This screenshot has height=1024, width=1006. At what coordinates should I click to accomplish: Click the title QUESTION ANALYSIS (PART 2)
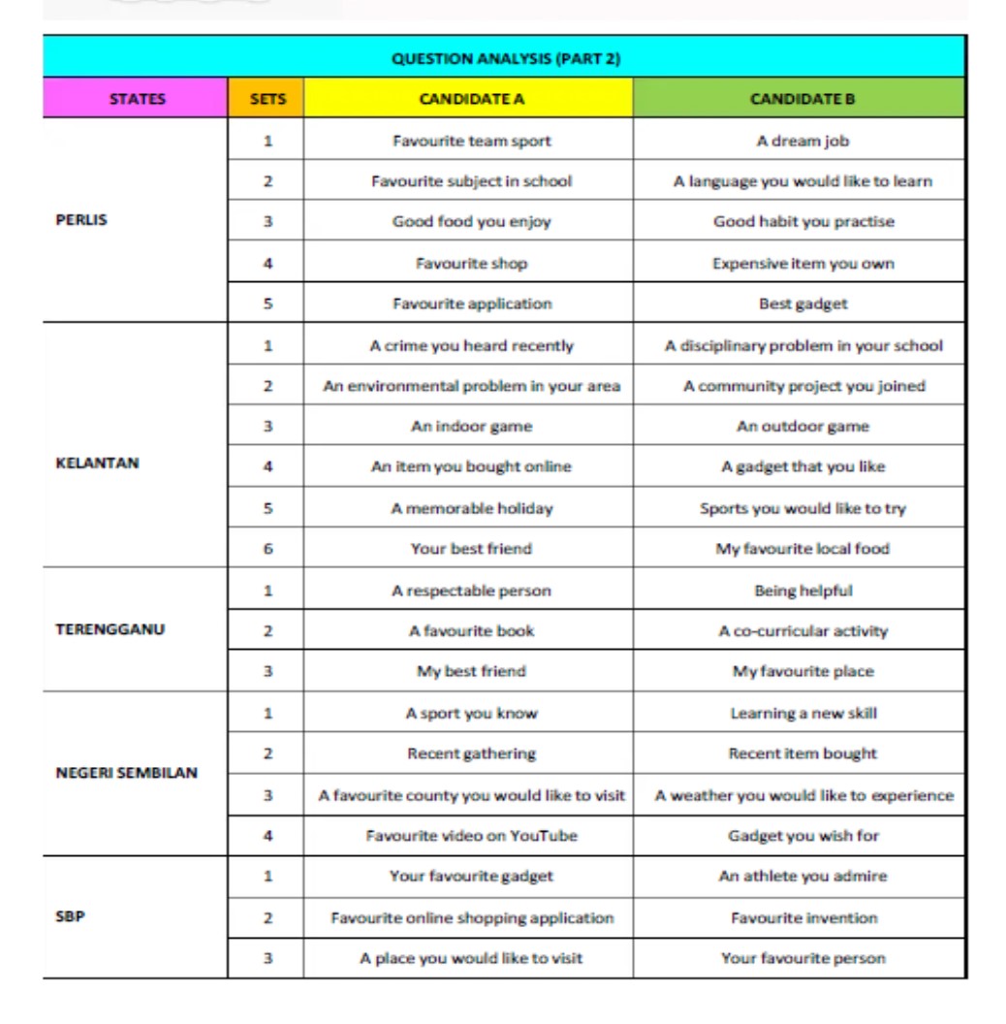[x=505, y=58]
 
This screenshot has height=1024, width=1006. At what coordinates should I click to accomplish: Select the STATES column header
[x=137, y=99]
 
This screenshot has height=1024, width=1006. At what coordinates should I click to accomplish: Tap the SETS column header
[x=267, y=99]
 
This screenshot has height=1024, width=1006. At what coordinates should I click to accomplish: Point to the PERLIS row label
[x=81, y=220]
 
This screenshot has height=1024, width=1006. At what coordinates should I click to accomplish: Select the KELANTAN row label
[x=98, y=464]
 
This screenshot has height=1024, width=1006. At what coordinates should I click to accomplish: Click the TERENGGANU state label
[x=110, y=629]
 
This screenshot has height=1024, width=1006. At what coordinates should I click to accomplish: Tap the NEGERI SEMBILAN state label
[x=126, y=773]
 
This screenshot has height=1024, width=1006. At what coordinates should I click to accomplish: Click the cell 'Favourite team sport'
[x=471, y=141]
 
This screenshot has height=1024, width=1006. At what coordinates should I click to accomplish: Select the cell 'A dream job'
[x=802, y=141]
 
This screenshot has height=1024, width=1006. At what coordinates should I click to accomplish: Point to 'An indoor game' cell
[x=471, y=426]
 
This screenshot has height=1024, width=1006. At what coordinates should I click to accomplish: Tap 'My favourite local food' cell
[x=802, y=549]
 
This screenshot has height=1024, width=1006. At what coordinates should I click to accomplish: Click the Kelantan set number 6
[x=267, y=549]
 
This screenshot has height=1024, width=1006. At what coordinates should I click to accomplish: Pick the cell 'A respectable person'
[x=471, y=591]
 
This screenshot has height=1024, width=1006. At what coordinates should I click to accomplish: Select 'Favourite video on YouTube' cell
[x=471, y=836]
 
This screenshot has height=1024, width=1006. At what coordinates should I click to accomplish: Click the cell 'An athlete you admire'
[x=802, y=877]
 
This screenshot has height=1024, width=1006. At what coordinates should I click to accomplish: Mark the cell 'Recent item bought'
[x=802, y=753]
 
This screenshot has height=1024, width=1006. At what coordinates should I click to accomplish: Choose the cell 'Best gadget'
[x=802, y=304]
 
